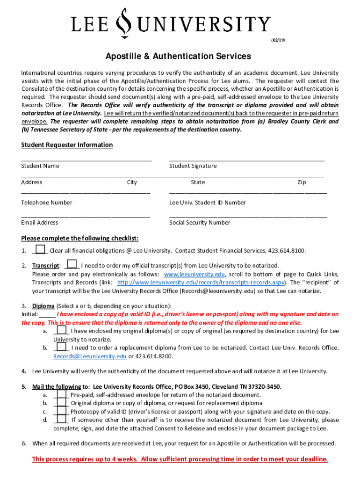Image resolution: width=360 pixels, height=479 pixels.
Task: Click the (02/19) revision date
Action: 278,40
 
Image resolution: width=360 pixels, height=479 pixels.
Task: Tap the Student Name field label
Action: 40,166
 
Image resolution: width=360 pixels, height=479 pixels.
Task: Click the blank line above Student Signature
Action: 246,160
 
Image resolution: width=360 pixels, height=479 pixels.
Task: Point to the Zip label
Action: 302,182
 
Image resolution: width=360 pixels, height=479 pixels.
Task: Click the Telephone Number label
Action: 47,203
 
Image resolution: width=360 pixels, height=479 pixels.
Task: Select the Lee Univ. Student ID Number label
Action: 207,203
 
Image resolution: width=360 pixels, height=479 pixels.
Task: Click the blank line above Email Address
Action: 86,216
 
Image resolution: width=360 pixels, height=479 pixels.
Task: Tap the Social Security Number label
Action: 200,223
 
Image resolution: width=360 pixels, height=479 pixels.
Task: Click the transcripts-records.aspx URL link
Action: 202,283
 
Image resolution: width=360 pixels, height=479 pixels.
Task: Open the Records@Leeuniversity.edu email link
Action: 89,356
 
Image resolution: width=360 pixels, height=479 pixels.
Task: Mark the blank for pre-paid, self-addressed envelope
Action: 61,395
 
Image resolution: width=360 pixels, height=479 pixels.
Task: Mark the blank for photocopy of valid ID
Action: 61,412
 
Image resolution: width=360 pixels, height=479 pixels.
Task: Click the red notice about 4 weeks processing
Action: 180,459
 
